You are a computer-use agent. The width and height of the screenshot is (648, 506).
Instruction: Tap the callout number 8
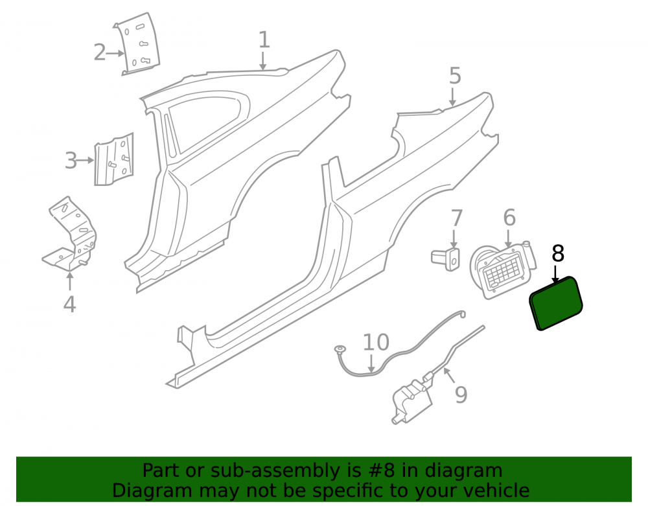[x=558, y=253]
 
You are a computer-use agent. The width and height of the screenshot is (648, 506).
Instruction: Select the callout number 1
[x=264, y=40]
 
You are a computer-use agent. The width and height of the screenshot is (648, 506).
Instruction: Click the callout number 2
[x=100, y=52]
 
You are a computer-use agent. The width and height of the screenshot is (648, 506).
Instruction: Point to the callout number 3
[x=71, y=160]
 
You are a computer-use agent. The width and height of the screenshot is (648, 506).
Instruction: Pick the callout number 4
[x=69, y=304]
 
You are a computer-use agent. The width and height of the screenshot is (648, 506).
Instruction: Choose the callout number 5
[x=455, y=76]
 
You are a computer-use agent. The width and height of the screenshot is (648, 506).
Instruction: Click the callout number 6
[x=509, y=217]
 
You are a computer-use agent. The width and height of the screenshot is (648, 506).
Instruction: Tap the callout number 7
[x=456, y=218]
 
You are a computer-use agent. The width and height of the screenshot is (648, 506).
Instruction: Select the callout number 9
[x=461, y=395]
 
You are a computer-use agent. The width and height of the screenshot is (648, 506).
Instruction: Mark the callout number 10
[x=376, y=342]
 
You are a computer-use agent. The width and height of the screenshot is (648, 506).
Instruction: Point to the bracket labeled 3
[x=114, y=159]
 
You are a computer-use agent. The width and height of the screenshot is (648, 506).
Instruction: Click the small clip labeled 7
[x=446, y=259]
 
